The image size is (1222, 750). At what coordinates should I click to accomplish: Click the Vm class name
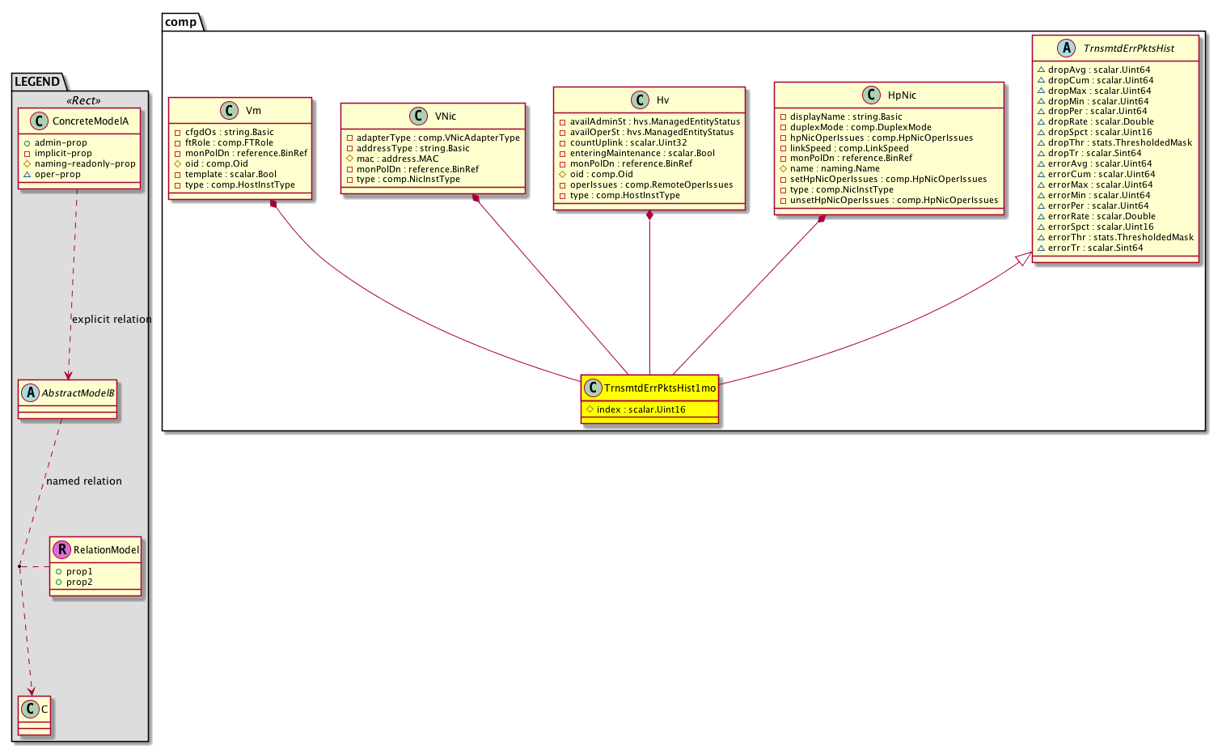point(253,111)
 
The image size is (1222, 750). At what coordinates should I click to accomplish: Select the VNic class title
point(445,117)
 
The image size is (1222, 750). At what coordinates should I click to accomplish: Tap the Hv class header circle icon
point(640,100)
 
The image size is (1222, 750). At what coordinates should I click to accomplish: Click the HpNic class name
point(902,95)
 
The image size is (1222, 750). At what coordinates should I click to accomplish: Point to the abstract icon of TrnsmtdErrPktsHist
point(1065,48)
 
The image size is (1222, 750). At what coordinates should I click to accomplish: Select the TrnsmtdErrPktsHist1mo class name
point(660,388)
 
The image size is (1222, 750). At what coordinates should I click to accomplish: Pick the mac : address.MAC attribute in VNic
point(397,159)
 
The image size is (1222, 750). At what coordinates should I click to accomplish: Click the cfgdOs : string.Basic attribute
point(229,132)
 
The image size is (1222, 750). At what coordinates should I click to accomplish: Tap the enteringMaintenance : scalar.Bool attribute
point(642,154)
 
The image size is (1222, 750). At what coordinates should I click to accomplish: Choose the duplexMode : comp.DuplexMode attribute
point(860,127)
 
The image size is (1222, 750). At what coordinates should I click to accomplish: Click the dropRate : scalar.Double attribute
point(1101,121)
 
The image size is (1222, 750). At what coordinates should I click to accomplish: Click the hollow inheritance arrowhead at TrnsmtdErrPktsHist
point(1024,259)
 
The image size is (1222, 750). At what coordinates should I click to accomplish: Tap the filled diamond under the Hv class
point(649,215)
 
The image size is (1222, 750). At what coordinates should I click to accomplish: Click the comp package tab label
point(180,22)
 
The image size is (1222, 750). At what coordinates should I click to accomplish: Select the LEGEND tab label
point(37,82)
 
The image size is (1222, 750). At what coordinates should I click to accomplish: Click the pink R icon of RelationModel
point(61,549)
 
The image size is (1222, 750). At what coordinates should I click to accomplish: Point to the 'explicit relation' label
point(112,320)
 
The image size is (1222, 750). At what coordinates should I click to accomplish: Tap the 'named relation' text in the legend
point(84,481)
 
